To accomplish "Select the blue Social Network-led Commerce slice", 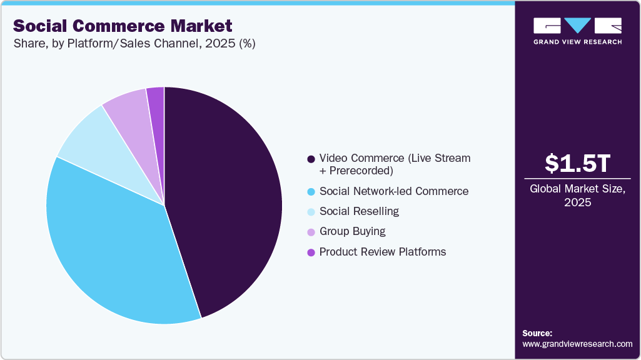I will pos(113,244).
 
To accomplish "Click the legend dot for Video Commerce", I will pos(311,159).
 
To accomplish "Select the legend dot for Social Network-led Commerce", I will pos(311,191).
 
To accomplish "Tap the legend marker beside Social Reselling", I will pos(311,212).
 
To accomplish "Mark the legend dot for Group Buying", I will pos(311,232).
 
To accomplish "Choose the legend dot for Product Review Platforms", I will pos(311,252).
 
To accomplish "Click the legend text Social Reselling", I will pos(359,211).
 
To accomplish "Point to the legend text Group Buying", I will pos(352,231).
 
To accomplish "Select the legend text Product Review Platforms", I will pos(383,252).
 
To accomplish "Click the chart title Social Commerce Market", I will pos(123,26).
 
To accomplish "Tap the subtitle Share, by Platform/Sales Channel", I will pos(134,44).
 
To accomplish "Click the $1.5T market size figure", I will pos(577,164).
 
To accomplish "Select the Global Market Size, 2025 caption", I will pos(577,196).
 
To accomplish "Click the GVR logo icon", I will pos(577,26).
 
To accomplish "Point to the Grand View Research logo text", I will pos(577,42).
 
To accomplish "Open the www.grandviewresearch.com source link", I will pos(577,344).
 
